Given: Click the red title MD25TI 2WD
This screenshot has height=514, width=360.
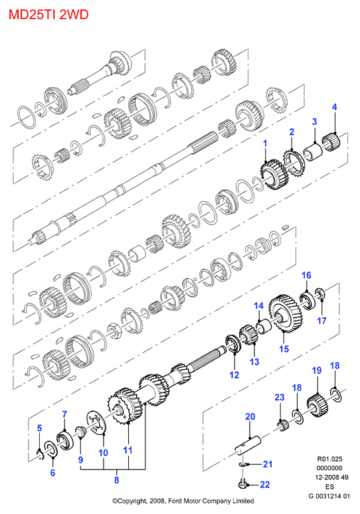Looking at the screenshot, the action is (x=48, y=15).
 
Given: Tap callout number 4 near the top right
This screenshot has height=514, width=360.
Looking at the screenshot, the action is (x=334, y=107).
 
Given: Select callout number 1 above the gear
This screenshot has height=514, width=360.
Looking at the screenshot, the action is (x=265, y=143).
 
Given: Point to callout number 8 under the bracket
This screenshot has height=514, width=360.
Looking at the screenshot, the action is (x=116, y=480).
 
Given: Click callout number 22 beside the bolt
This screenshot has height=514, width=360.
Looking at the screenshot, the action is (x=264, y=485).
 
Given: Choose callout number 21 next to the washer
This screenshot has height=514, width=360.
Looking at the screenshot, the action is (x=268, y=464).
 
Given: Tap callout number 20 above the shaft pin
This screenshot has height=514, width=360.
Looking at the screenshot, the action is (x=250, y=416).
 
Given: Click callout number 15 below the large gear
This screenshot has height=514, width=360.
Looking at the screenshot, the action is (x=284, y=349).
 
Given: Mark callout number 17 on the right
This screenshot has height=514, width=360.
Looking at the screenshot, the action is (x=321, y=320).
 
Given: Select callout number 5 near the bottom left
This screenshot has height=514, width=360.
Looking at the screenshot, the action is (x=39, y=428).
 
